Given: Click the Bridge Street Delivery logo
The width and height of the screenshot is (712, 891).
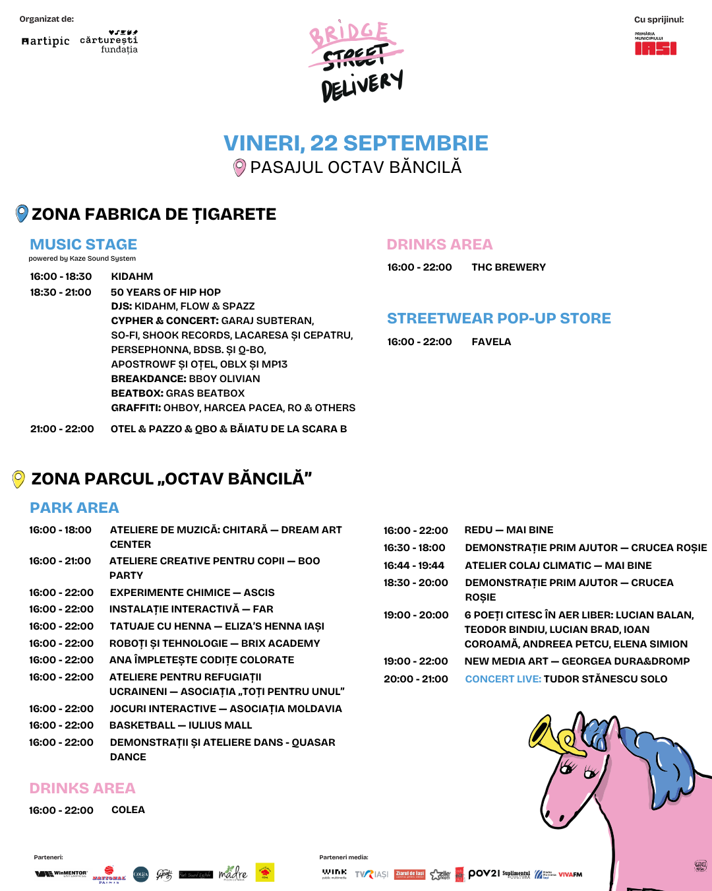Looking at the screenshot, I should tap(357, 62).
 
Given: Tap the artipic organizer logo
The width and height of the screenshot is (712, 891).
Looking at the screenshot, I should tap(45, 41).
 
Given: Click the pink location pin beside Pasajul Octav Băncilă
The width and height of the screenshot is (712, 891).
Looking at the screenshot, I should tap(240, 168).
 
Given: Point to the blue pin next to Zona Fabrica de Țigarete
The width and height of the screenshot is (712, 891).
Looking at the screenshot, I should tap(22, 213).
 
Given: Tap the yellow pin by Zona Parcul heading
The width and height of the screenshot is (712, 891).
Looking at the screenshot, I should tap(19, 478).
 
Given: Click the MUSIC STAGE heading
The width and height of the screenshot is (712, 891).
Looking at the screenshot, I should tap(84, 244).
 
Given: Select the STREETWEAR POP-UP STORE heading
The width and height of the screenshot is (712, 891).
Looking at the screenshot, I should tap(498, 318).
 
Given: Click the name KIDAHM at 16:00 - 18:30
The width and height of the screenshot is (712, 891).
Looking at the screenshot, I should tap(132, 276).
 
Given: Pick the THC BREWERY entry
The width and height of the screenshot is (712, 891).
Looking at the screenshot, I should tap(508, 267).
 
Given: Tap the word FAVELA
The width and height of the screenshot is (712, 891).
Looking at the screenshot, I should tap(491, 341).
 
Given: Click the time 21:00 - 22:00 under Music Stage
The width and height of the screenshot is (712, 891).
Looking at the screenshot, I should tap(62, 428).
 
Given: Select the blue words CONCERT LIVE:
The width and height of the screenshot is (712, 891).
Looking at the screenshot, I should tap(503, 678).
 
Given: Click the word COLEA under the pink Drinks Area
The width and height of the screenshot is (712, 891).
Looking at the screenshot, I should tap(128, 809).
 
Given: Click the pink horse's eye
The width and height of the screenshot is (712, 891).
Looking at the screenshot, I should tap(567, 766).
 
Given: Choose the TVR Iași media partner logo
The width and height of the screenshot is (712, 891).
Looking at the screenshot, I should tap(371, 874).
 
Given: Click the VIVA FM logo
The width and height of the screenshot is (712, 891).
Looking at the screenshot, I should tap(570, 874).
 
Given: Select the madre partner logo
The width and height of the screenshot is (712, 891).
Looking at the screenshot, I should tap(232, 873).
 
